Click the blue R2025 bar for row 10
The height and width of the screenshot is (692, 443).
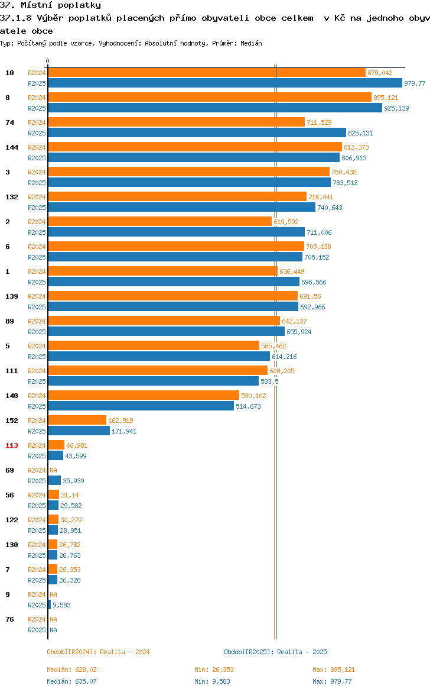(x=225, y=83)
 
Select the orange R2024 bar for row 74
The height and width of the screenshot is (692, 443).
(x=177, y=122)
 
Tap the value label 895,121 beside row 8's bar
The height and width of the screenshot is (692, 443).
(x=386, y=98)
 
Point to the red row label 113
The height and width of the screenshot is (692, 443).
(x=11, y=445)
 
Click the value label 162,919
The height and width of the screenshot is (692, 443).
(x=120, y=421)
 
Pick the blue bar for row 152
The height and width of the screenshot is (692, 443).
(x=79, y=431)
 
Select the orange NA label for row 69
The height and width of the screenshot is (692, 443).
(x=53, y=470)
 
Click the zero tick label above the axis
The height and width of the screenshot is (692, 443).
(x=48, y=62)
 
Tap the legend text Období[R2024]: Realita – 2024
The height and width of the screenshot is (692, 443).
(x=98, y=652)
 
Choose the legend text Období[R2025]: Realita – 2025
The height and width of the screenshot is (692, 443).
(x=275, y=652)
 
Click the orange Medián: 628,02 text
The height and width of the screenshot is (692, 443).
(x=71, y=670)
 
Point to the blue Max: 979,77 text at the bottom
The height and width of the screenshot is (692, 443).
(x=332, y=681)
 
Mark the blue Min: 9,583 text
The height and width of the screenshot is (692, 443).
(x=212, y=681)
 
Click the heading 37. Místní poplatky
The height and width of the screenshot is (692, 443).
(x=50, y=5)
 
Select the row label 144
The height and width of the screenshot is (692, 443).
(x=11, y=147)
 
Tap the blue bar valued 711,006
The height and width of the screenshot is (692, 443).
(x=177, y=232)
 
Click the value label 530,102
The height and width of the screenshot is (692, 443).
(x=253, y=396)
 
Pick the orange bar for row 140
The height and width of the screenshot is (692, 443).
(x=144, y=396)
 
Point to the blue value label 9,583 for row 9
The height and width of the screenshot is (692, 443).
(x=61, y=605)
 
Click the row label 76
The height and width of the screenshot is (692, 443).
(x=9, y=619)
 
